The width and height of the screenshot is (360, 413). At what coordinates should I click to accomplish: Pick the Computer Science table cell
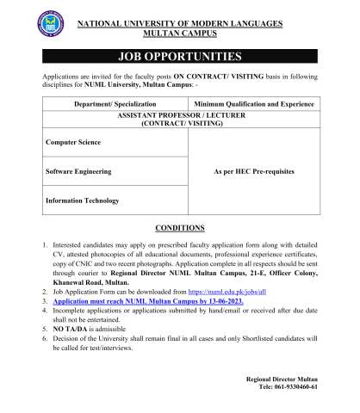click(x=73, y=142)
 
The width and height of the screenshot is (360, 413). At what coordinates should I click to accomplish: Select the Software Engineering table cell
click(x=78, y=171)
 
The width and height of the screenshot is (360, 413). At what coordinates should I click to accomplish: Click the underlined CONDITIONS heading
click(x=179, y=228)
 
